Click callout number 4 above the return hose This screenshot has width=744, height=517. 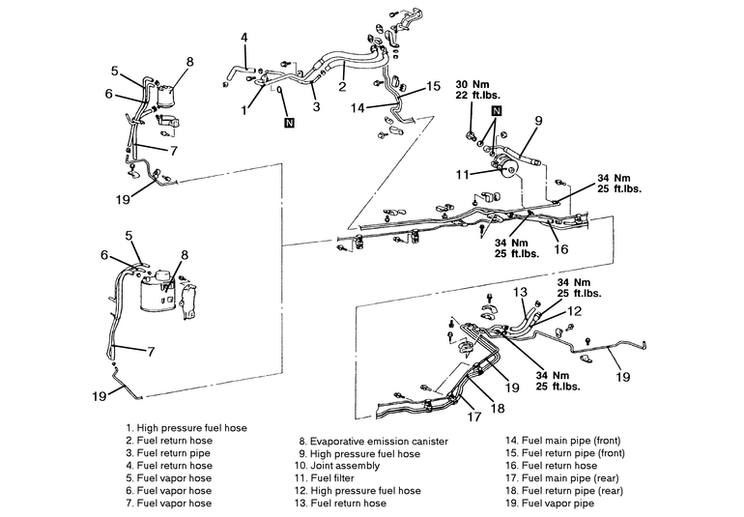tap(243, 38)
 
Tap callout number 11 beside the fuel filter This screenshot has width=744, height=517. tap(462, 175)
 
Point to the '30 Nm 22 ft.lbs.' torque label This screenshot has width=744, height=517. tap(477, 89)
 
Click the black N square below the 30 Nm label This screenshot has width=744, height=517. tap(497, 110)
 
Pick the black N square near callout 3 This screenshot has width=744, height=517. tap(289, 123)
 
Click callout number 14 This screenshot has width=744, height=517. tap(358, 108)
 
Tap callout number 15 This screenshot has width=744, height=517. tap(433, 86)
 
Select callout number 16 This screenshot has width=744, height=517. tap(560, 248)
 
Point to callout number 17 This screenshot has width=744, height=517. tap(474, 416)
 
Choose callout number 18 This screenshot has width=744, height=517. tap(498, 408)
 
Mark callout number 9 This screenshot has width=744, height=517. tap(538, 121)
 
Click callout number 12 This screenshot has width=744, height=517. tap(574, 311)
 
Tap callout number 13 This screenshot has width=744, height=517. tap(520, 292)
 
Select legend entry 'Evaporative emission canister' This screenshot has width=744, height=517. tap(373, 441)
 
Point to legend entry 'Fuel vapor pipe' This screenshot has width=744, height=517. tap(550, 503)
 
